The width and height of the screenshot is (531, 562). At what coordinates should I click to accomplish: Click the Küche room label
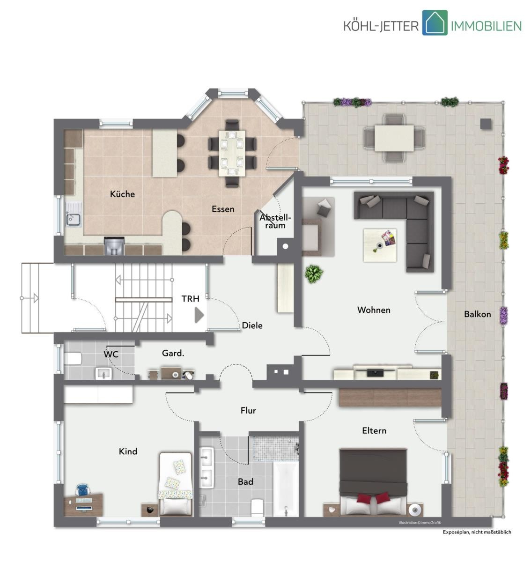click(122, 194)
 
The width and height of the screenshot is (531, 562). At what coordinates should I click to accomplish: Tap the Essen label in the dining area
click(223, 209)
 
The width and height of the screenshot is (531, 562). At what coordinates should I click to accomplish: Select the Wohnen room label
click(374, 310)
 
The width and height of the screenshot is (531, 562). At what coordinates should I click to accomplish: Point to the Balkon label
click(478, 314)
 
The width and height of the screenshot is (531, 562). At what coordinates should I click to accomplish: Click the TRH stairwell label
click(191, 298)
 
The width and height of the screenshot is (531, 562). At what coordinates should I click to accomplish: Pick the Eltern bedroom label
click(374, 431)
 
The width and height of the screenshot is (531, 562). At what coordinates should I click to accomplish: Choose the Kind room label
click(128, 451)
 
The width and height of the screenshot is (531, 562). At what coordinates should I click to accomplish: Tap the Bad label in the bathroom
click(245, 481)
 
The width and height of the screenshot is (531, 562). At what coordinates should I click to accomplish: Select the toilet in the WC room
click(73, 359)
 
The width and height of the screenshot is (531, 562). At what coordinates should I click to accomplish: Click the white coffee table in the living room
click(380, 245)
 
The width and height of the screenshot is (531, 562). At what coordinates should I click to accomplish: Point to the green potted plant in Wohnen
click(314, 274)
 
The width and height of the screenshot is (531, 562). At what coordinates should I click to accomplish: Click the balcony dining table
click(394, 138)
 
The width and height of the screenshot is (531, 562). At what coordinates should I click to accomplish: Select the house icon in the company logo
click(435, 22)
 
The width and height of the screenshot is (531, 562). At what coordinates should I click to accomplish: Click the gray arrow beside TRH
click(199, 315)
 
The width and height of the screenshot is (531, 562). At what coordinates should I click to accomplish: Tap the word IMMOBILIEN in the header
click(486, 26)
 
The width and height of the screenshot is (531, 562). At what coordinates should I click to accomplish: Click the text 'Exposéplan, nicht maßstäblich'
click(477, 532)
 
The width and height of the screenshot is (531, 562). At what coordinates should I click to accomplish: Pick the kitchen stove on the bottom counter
click(114, 246)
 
